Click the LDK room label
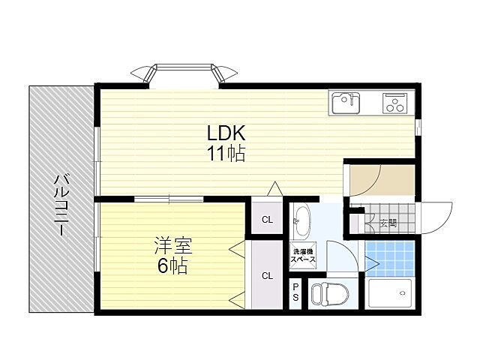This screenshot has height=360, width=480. (x=226, y=133)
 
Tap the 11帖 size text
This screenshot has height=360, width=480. (x=226, y=155)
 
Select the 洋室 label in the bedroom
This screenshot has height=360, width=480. (x=172, y=244)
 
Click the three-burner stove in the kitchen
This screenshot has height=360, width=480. (x=394, y=102)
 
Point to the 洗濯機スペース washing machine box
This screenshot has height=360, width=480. (x=304, y=256)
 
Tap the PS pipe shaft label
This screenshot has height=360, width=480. (x=295, y=292)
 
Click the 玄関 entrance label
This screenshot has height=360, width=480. (x=387, y=222)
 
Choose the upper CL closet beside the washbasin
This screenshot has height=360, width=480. (x=267, y=220)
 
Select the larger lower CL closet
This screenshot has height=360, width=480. (x=267, y=274)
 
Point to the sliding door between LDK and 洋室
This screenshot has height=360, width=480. (x=169, y=199)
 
